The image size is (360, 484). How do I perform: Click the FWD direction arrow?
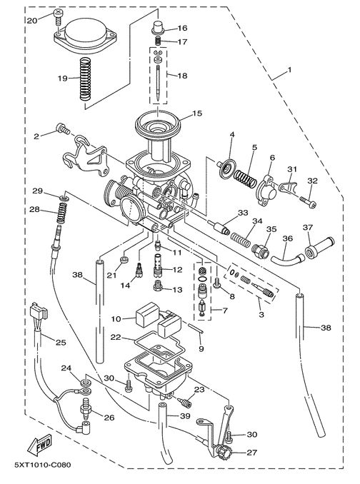pyautogui.click(x=39, y=446)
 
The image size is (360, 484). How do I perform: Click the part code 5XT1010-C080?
pyautogui.click(x=42, y=465)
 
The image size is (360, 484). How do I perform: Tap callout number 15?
pyautogui.click(x=197, y=114)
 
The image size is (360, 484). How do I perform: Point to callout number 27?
pyautogui.click(x=251, y=453)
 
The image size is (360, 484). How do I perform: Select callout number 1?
pyautogui.click(x=289, y=70)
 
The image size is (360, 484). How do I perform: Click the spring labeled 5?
pyautogui.click(x=245, y=178)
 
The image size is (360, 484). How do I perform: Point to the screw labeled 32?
pyautogui.click(x=308, y=201)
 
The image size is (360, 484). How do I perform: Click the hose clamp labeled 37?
pyautogui.click(x=311, y=252)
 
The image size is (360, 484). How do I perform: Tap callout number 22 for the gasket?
pyautogui.click(x=116, y=338)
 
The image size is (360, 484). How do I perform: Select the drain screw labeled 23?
pyautogui.click(x=185, y=402)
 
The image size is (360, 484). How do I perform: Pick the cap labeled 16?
pyautogui.click(x=157, y=27)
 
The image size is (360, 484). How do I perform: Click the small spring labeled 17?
pyautogui.click(x=157, y=41)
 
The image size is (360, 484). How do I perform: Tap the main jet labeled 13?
pyautogui.click(x=157, y=286)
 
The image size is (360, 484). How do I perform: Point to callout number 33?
pyautogui.click(x=244, y=213)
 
